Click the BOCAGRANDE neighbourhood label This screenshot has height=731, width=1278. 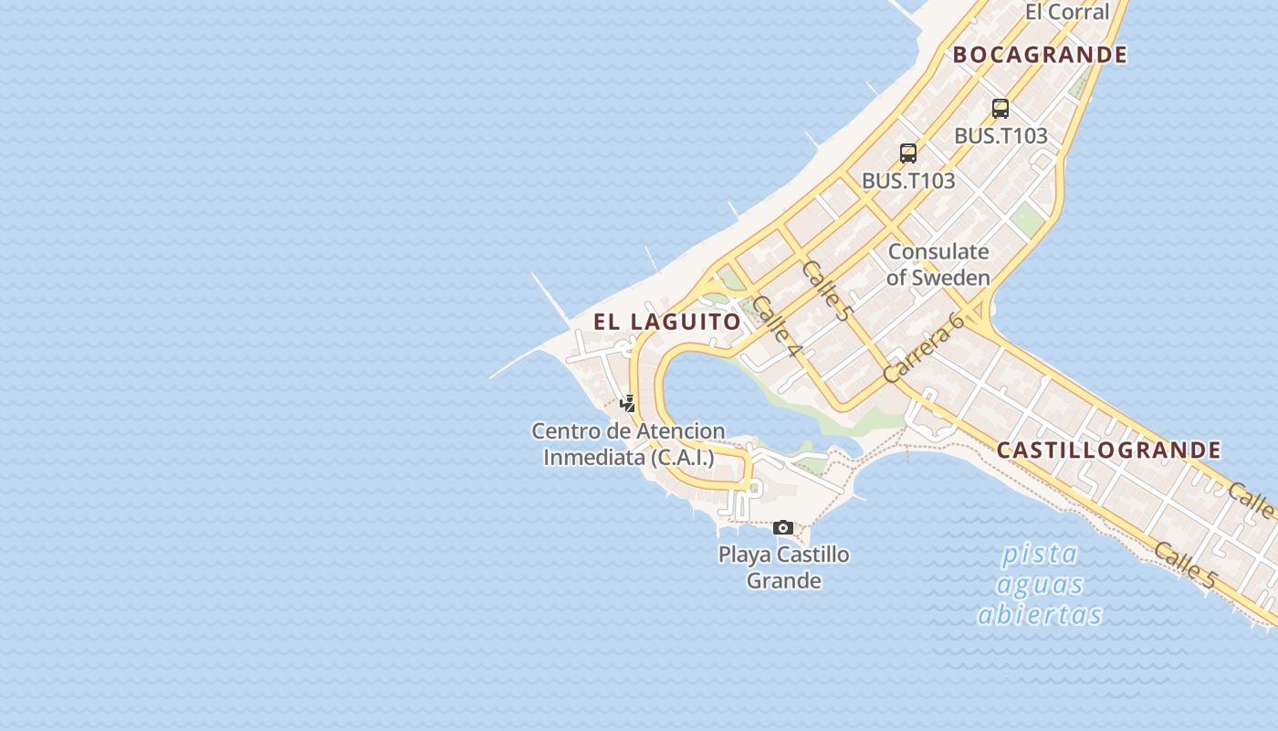click(x=1040, y=55)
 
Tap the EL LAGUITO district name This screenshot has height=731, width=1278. click(x=667, y=322)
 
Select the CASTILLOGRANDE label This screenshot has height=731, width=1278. click(x=1108, y=450)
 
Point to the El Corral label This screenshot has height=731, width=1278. click(x=1066, y=12)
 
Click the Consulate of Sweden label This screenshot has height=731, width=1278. click(x=938, y=264)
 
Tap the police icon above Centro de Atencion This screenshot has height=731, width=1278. click(x=628, y=403)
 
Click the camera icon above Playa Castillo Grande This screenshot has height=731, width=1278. click(x=783, y=527)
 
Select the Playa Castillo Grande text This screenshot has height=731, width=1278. click(x=784, y=567)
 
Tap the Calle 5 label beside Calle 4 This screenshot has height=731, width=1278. click(x=827, y=290)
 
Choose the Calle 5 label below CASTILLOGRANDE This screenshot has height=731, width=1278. click(x=1185, y=565)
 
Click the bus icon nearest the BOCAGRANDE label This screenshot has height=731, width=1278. click(x=1000, y=109)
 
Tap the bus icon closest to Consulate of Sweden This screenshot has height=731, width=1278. click(x=908, y=154)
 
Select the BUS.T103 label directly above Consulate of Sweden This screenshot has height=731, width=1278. click(x=908, y=181)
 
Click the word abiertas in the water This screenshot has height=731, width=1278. click(x=1040, y=615)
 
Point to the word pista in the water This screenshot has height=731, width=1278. click(x=1040, y=554)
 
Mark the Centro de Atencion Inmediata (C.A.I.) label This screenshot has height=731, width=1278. click(x=629, y=444)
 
